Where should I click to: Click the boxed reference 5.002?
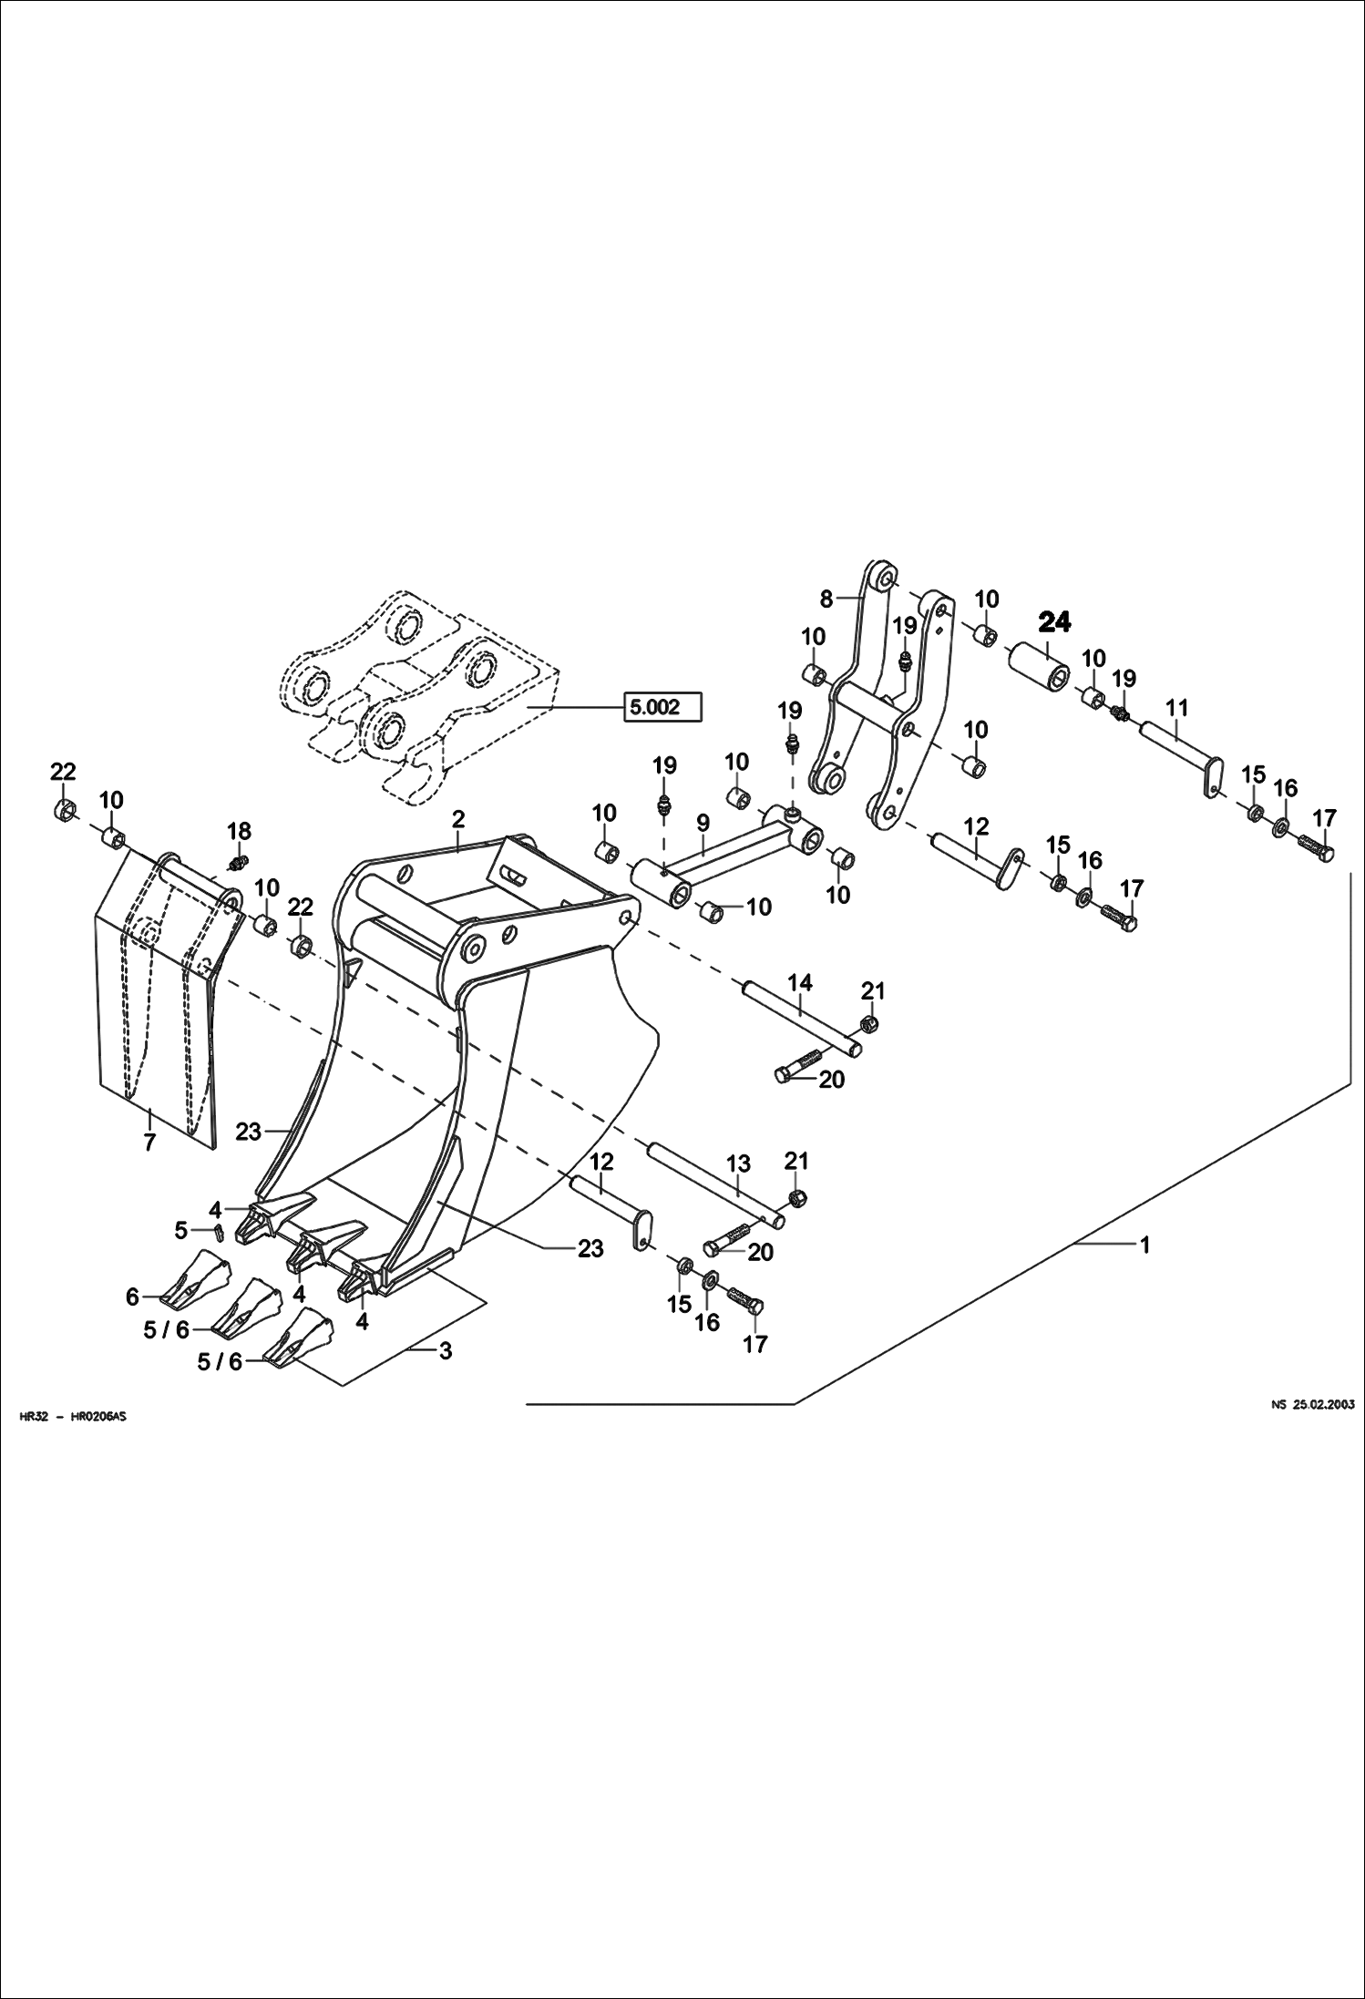pyautogui.click(x=662, y=707)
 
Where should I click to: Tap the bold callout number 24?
pyautogui.click(x=1054, y=623)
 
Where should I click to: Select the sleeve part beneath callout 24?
pyautogui.click(x=1041, y=666)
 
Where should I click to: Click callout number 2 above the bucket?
pyautogui.click(x=459, y=819)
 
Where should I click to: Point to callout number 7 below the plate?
pyautogui.click(x=149, y=1143)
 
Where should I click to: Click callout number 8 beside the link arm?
pyautogui.click(x=826, y=600)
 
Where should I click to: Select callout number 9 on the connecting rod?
pyautogui.click(x=703, y=824)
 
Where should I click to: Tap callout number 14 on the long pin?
pyautogui.click(x=800, y=983)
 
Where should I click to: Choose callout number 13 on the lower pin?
pyautogui.click(x=738, y=1164)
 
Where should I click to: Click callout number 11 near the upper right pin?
pyautogui.click(x=1176, y=707)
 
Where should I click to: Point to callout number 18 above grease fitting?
pyautogui.click(x=239, y=831)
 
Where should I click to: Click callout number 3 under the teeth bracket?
pyautogui.click(x=445, y=1351)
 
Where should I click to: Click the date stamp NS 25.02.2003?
pyautogui.click(x=1312, y=1405)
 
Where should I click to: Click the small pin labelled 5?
pyautogui.click(x=220, y=1232)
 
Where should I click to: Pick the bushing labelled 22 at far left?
pyautogui.click(x=65, y=809)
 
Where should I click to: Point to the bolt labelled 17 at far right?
pyautogui.click(x=1316, y=845)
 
